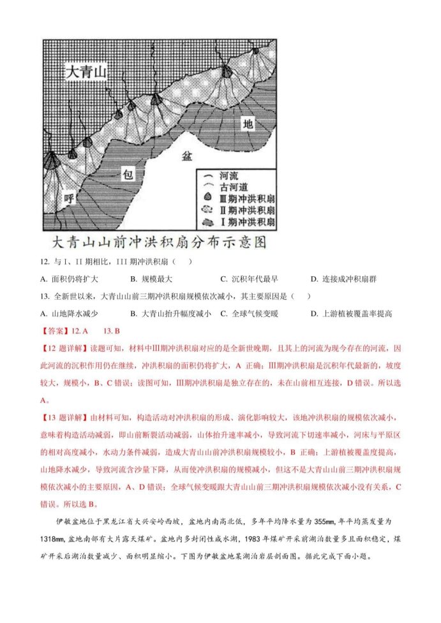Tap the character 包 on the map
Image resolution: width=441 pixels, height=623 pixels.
[128, 173]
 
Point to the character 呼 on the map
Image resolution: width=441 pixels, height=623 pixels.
[70, 200]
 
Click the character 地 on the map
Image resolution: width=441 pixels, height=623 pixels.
[249, 124]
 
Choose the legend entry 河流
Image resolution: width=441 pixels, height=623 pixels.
[228, 174]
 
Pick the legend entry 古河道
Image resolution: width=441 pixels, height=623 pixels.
[233, 186]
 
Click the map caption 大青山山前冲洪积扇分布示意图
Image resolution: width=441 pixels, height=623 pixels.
[158, 244]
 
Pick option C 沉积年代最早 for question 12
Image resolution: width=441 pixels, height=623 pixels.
[250, 279]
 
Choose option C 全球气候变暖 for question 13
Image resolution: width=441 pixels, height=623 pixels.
[250, 313]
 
